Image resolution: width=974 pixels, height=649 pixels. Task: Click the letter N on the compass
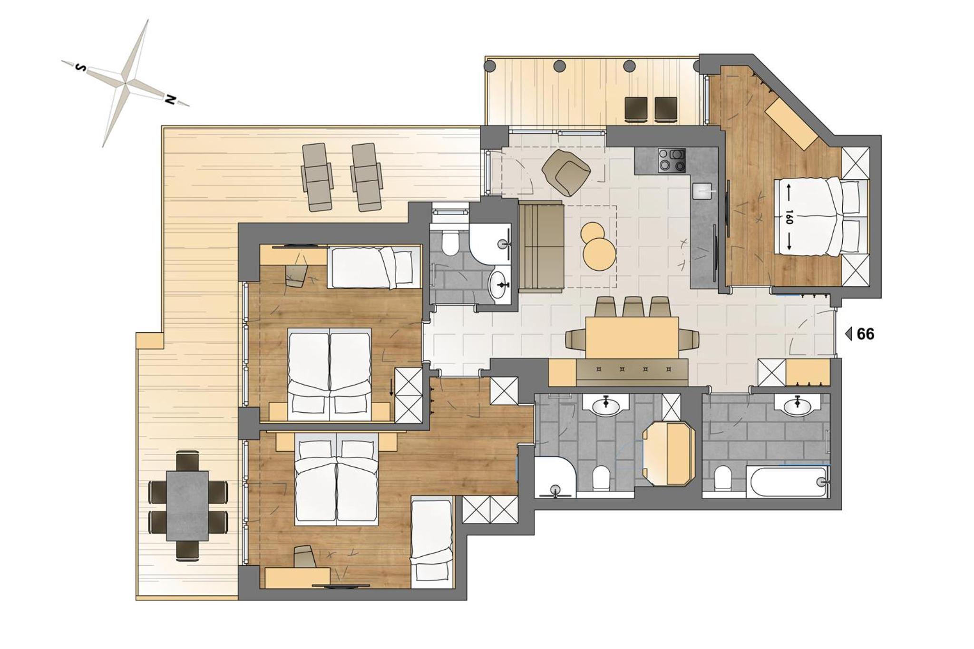click(170, 99)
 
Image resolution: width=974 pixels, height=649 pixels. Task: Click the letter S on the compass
click(81, 68)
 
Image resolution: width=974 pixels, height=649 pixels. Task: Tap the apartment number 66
click(866, 334)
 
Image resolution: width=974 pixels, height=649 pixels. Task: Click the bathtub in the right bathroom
click(787, 481)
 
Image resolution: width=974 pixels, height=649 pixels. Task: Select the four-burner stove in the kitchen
click(672, 160)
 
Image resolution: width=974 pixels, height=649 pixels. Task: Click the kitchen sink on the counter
click(703, 190)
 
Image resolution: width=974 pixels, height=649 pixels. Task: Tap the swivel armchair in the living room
click(566, 171)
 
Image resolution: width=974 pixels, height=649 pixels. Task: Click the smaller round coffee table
click(592, 233)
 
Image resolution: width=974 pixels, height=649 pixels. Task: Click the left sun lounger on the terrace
click(317, 177)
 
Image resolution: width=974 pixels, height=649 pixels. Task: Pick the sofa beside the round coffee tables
click(541, 246)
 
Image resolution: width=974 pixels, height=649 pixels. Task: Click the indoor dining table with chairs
click(632, 337)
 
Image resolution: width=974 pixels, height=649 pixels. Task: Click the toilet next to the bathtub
click(723, 478)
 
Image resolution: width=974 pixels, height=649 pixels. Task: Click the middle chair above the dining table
click(633, 307)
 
